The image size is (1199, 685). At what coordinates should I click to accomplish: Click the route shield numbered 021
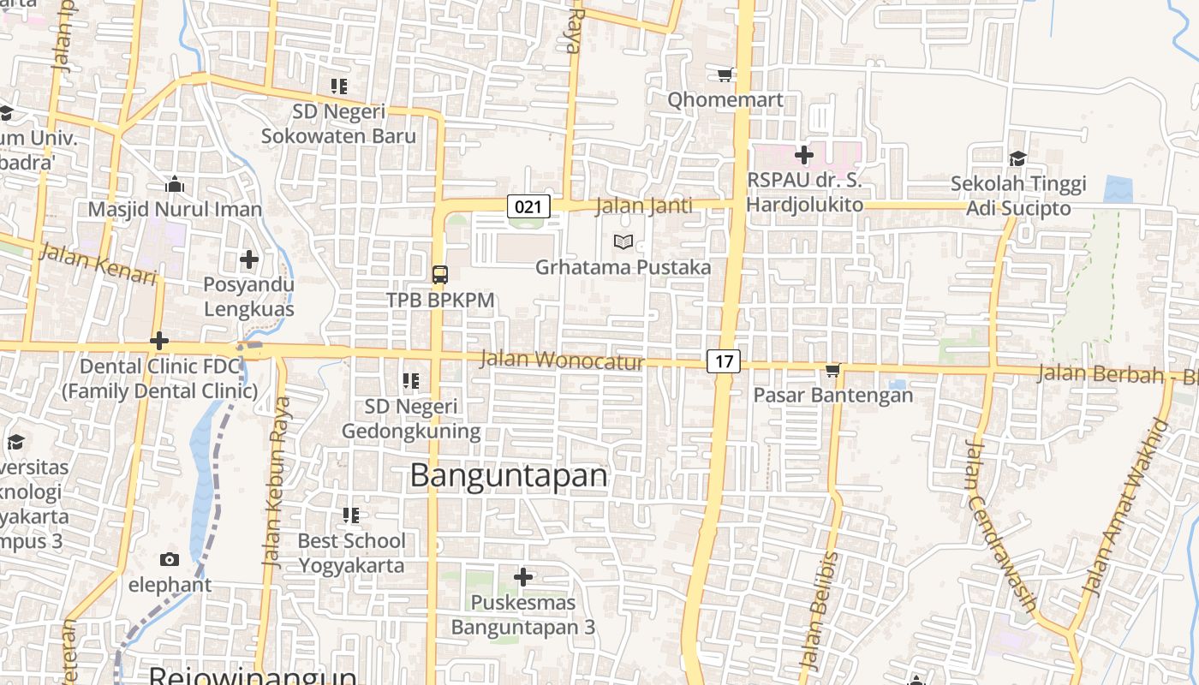click(528, 205)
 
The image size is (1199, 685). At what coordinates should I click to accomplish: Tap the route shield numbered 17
click(724, 360)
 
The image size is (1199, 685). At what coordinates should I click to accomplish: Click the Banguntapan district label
click(509, 475)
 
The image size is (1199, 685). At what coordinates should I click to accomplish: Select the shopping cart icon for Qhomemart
click(725, 74)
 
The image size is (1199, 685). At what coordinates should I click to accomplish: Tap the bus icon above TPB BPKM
click(439, 274)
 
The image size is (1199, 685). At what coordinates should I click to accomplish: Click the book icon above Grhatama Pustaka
click(623, 242)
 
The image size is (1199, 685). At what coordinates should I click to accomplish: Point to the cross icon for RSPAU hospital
click(803, 155)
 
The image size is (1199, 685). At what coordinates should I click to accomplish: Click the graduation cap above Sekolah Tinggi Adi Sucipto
click(1017, 158)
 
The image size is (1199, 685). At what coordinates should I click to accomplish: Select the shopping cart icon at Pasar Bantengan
click(832, 370)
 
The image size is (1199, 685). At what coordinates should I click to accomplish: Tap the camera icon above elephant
click(170, 560)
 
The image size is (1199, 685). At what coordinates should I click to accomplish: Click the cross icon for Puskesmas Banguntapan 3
click(522, 577)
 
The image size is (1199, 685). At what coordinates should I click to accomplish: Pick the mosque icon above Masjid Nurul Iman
click(175, 184)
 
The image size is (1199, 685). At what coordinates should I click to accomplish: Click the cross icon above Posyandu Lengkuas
click(248, 259)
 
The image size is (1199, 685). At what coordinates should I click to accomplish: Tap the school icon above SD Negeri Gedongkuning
click(411, 380)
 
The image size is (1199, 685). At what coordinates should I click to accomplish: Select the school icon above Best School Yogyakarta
click(351, 515)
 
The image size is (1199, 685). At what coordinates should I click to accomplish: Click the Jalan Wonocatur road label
click(561, 360)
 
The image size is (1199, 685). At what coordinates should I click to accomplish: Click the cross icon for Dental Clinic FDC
click(158, 341)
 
